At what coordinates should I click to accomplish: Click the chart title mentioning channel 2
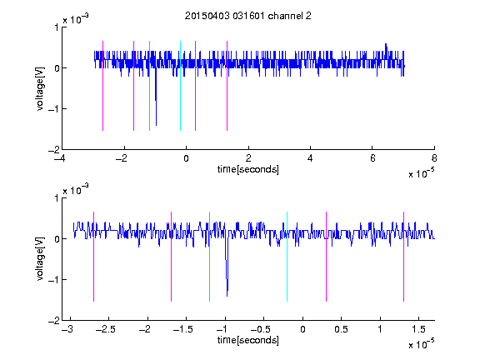pyautogui.click(x=248, y=16)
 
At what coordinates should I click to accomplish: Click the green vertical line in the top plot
pyautogui.click(x=149, y=86)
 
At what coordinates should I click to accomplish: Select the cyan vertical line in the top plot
pyautogui.click(x=180, y=86)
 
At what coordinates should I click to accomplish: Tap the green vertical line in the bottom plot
pyautogui.click(x=209, y=257)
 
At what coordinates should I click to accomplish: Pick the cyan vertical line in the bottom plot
pyautogui.click(x=287, y=257)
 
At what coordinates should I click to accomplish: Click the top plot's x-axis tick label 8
pyautogui.click(x=434, y=158)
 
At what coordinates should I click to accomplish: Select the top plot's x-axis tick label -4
pyautogui.click(x=59, y=158)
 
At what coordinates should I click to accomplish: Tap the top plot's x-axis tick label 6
pyautogui.click(x=372, y=158)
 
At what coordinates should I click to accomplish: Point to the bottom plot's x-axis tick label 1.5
pyautogui.click(x=418, y=329)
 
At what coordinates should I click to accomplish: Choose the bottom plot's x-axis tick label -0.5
pyautogui.click(x=261, y=329)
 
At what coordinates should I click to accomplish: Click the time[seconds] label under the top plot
pyautogui.click(x=248, y=169)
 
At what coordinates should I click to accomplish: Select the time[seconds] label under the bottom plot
pyautogui.click(x=248, y=340)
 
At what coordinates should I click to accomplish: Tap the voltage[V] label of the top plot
pyautogui.click(x=40, y=89)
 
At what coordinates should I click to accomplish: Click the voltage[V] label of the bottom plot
pyautogui.click(x=40, y=259)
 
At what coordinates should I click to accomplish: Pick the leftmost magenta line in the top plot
pyautogui.click(x=102, y=86)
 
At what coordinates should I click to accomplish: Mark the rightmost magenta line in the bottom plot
pyautogui.click(x=403, y=257)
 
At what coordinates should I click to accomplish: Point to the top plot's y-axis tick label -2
pyautogui.click(x=53, y=150)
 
